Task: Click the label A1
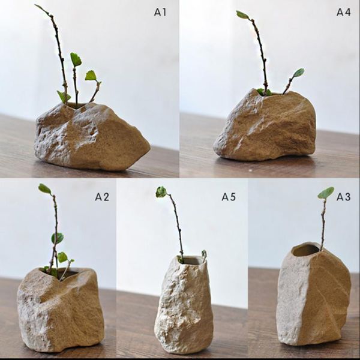pos(160,11)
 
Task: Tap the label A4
pos(343,11)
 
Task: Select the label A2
pos(102,196)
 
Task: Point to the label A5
pos(229,196)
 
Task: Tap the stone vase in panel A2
pos(60,309)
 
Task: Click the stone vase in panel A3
pos(313,297)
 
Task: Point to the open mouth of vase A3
pos(307,250)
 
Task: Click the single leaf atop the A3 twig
pos(326,193)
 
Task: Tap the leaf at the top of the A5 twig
pos(161,191)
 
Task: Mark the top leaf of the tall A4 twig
pos(242,14)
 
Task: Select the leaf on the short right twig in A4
pos(298,73)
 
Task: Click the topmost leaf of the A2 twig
pos(44,188)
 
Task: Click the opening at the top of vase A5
pos(191,260)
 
